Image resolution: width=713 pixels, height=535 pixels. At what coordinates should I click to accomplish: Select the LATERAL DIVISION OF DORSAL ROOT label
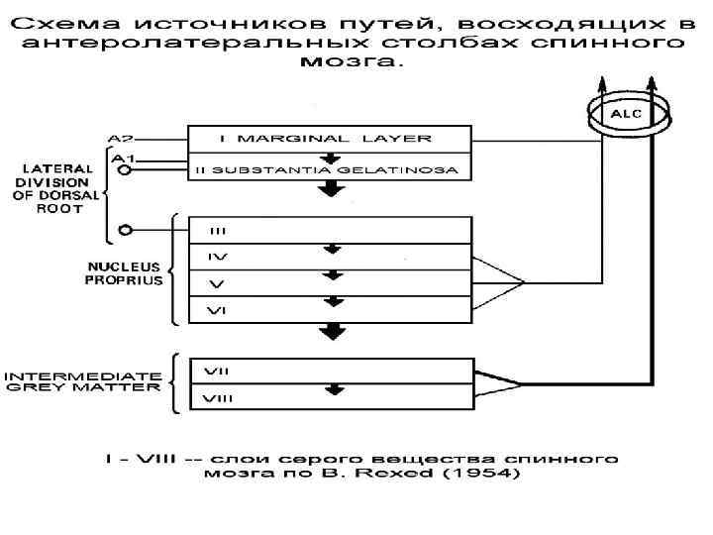(55, 188)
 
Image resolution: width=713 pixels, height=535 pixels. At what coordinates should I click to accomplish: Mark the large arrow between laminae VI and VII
(336, 333)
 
